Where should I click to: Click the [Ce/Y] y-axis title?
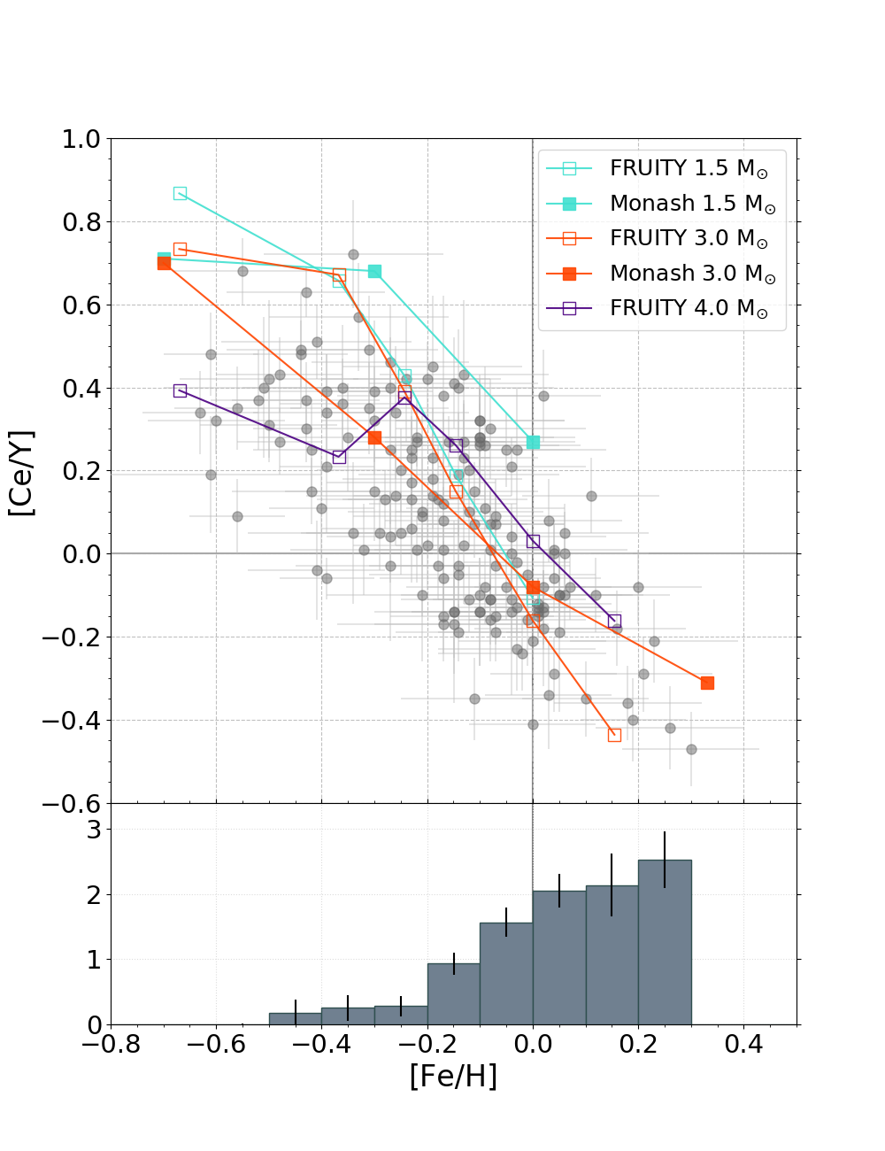coord(21,473)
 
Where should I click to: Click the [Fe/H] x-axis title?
coord(453,1076)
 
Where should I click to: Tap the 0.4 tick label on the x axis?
coord(743,1045)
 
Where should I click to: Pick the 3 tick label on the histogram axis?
coord(93,830)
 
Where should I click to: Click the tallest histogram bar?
coord(665,942)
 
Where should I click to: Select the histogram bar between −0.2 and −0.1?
coord(453,993)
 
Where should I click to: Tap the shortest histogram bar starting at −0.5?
coord(295,1018)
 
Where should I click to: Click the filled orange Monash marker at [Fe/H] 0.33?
coord(707,683)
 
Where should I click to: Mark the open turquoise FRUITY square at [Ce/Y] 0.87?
coord(180,193)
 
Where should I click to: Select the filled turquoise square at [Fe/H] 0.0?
coord(533,442)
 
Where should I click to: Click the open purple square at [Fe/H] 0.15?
coord(614,621)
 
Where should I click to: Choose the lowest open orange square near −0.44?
coord(614,735)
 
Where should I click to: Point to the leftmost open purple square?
coord(180,390)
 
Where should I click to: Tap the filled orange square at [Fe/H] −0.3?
coord(374,437)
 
